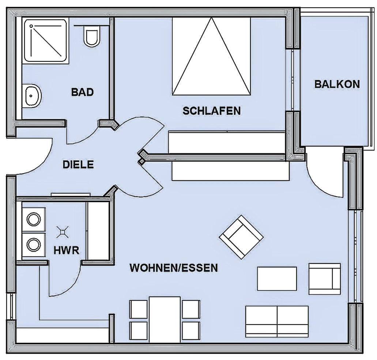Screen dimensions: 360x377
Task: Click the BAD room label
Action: tap(82, 92)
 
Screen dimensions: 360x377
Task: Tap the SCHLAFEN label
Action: tap(211, 110)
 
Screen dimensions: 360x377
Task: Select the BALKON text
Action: tap(337, 84)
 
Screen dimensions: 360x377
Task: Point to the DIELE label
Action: tap(78, 164)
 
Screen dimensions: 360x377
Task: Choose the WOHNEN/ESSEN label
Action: tap(174, 268)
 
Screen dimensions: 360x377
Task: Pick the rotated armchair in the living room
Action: tap(241, 237)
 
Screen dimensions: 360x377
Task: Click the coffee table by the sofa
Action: tap(277, 278)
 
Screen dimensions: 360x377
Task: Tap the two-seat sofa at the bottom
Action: tap(277, 321)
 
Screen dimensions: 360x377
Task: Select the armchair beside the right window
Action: tap(324, 278)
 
